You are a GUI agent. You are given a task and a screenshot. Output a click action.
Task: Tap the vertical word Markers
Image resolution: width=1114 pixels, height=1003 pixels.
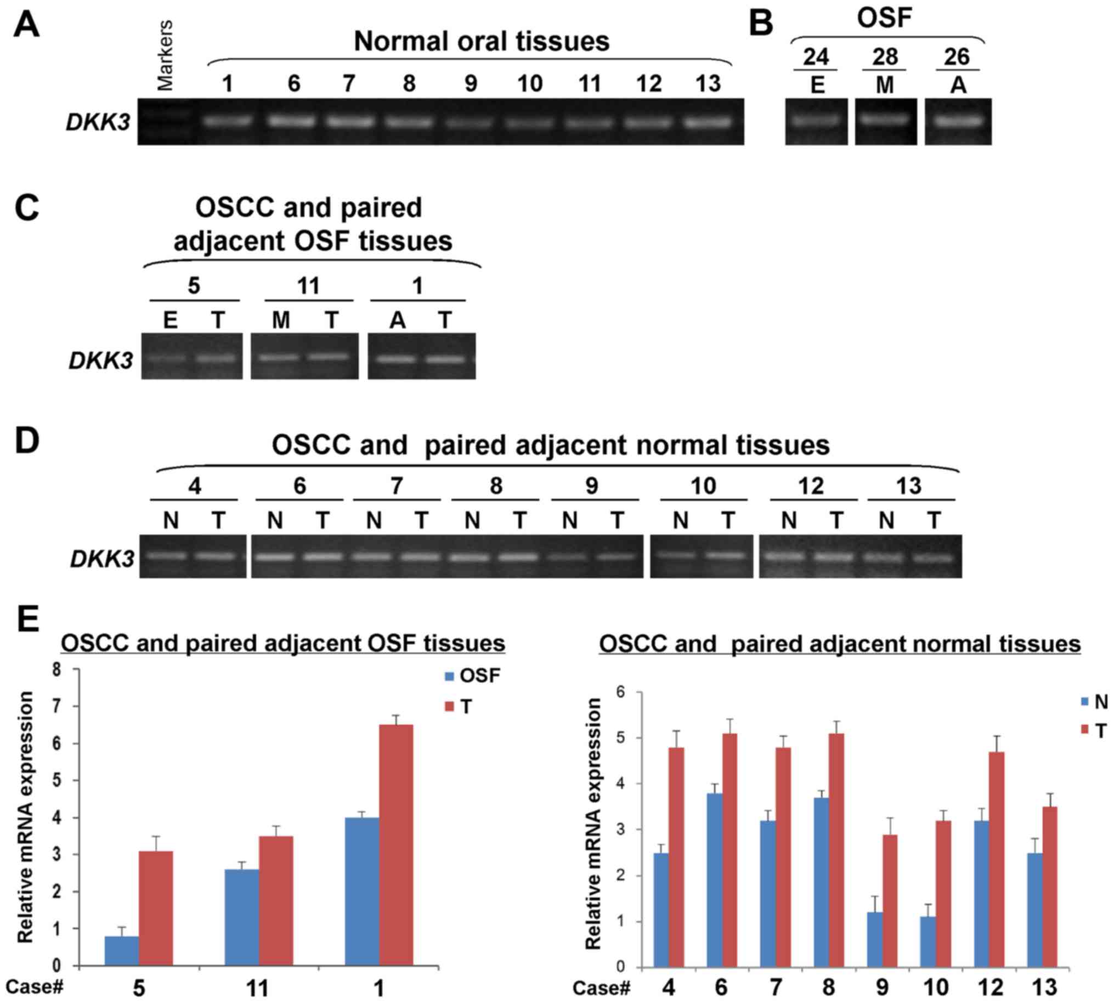pyautogui.click(x=165, y=55)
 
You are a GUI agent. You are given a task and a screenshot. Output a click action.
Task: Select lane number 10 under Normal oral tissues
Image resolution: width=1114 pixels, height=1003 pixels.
pyautogui.click(x=529, y=84)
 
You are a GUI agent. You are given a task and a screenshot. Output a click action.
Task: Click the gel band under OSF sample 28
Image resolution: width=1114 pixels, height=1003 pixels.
pyautogui.click(x=885, y=119)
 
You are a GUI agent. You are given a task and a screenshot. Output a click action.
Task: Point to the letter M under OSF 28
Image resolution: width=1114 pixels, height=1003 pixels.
pyautogui.click(x=885, y=86)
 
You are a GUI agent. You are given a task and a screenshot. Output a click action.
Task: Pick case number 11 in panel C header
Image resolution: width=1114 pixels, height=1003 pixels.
pyautogui.click(x=308, y=286)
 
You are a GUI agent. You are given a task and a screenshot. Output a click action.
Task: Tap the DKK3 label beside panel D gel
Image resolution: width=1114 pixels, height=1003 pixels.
pyautogui.click(x=102, y=559)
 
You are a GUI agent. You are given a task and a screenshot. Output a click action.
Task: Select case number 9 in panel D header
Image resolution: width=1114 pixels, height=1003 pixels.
pyautogui.click(x=591, y=486)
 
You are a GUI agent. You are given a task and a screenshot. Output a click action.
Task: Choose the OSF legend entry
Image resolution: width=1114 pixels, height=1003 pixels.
pyautogui.click(x=473, y=675)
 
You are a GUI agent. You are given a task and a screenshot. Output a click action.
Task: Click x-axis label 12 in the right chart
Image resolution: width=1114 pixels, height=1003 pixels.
pyautogui.click(x=990, y=988)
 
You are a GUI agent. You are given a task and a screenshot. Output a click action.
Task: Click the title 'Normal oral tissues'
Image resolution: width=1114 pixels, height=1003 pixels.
pyautogui.click(x=481, y=41)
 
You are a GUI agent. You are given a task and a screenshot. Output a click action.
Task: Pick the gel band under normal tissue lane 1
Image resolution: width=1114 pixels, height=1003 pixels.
pyautogui.click(x=228, y=121)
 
